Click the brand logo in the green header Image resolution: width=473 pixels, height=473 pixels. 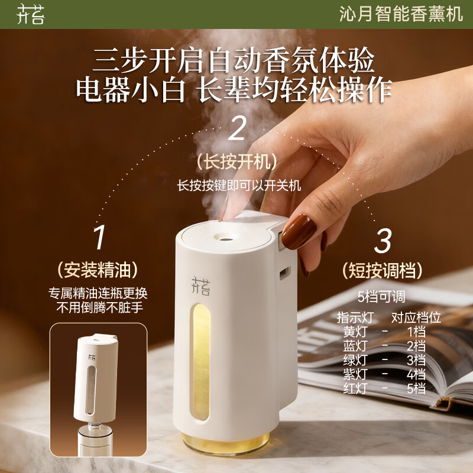point(31,14)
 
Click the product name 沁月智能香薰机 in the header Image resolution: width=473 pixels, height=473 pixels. point(401,14)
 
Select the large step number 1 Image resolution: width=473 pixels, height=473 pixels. point(99,238)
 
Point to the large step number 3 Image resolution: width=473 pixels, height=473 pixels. point(383,241)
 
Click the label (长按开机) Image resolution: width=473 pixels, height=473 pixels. point(237,161)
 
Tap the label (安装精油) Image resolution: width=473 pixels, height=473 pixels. point(98,270)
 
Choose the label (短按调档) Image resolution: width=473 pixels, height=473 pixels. point(382,270)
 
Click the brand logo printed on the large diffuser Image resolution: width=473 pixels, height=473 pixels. point(200,286)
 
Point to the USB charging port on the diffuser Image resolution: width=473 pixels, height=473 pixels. point(285,273)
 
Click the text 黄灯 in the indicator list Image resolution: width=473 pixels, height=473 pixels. point(355,332)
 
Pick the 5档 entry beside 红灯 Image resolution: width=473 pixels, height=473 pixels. point(416,388)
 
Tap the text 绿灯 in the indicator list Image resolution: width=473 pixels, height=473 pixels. point(355,360)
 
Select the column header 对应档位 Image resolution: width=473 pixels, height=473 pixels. point(416,318)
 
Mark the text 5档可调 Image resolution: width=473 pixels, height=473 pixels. point(381,297)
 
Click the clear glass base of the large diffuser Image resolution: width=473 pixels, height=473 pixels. point(226,443)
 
